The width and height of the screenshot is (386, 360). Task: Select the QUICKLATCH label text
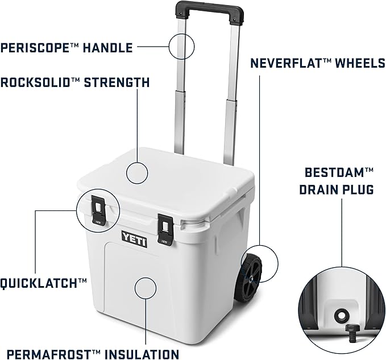coord(43,282)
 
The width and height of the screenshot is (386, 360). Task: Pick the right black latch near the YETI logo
coord(165,231)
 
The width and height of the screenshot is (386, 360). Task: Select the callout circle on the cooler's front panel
coord(146,288)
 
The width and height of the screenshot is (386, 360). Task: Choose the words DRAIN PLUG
coord(337,189)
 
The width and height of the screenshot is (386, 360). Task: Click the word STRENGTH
coord(117,83)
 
